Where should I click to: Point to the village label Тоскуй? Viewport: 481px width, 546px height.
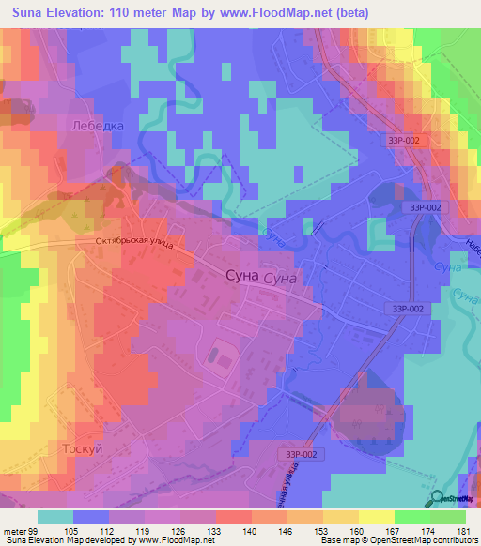click(81, 448)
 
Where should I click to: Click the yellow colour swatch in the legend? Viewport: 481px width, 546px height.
click(376, 517)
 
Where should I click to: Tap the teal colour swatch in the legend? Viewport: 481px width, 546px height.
click(55, 517)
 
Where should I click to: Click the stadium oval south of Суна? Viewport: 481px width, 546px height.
click(222, 354)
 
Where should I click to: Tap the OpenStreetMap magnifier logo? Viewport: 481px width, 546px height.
click(439, 498)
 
